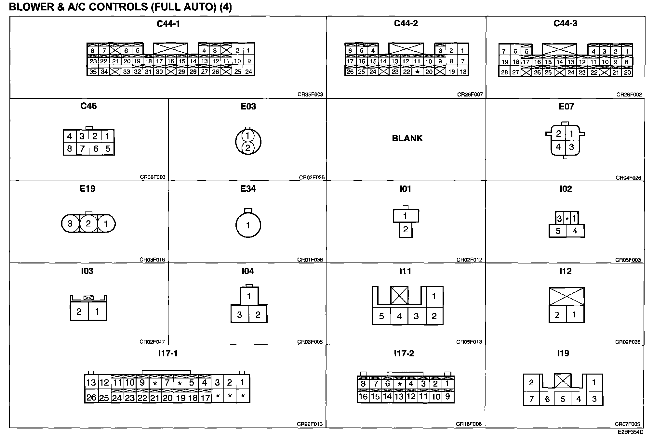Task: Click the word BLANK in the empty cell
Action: (x=407, y=138)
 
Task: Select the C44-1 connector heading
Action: (x=168, y=24)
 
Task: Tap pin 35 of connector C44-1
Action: (x=93, y=72)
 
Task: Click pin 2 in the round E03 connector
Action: (x=247, y=148)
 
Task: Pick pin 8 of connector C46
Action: (x=70, y=149)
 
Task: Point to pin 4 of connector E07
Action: (x=558, y=147)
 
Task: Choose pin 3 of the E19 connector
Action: (x=70, y=224)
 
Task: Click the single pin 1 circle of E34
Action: (x=248, y=225)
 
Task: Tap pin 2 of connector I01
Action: (x=406, y=230)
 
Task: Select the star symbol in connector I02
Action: (x=567, y=219)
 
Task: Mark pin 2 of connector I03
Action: (x=79, y=312)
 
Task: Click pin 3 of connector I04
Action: (x=240, y=314)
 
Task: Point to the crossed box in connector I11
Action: (x=399, y=295)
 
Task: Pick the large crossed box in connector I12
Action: (x=566, y=296)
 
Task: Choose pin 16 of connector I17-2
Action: (x=363, y=397)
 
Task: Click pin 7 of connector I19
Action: (x=531, y=399)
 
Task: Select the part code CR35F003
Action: (x=310, y=95)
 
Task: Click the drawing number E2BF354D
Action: (x=631, y=432)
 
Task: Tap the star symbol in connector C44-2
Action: (x=418, y=71)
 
